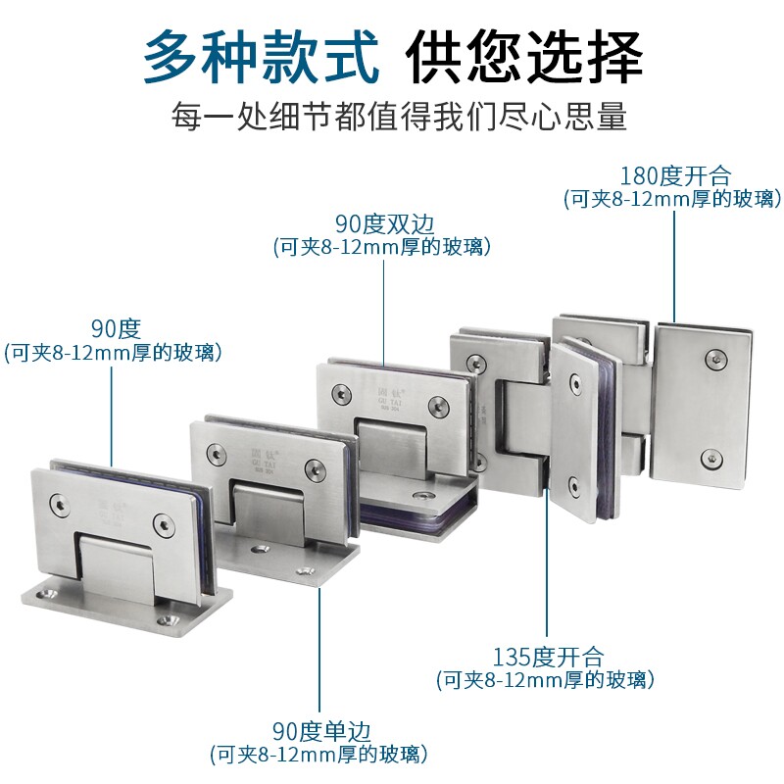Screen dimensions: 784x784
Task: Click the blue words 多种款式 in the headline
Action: [x=260, y=57]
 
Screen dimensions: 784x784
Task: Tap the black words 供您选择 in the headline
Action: [x=525, y=57]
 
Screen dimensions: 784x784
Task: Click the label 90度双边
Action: [x=382, y=224]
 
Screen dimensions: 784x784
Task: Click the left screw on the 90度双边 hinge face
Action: [x=341, y=394]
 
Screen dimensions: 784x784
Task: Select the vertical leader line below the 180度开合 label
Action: [x=674, y=265]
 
